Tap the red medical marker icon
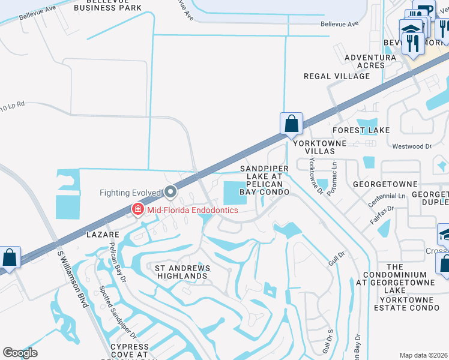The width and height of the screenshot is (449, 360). (137, 209)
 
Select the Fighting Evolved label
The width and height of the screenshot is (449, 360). (130, 193)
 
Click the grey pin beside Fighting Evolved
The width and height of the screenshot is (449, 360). (170, 192)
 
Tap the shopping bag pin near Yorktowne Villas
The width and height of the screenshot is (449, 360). (291, 125)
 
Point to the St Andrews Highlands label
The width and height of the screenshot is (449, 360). (181, 272)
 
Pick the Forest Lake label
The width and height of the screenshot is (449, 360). (361, 130)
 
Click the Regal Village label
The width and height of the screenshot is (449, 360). (337, 76)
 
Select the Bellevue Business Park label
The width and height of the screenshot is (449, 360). (107, 5)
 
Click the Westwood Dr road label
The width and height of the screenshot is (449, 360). (412, 146)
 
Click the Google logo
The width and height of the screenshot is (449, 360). (20, 353)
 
